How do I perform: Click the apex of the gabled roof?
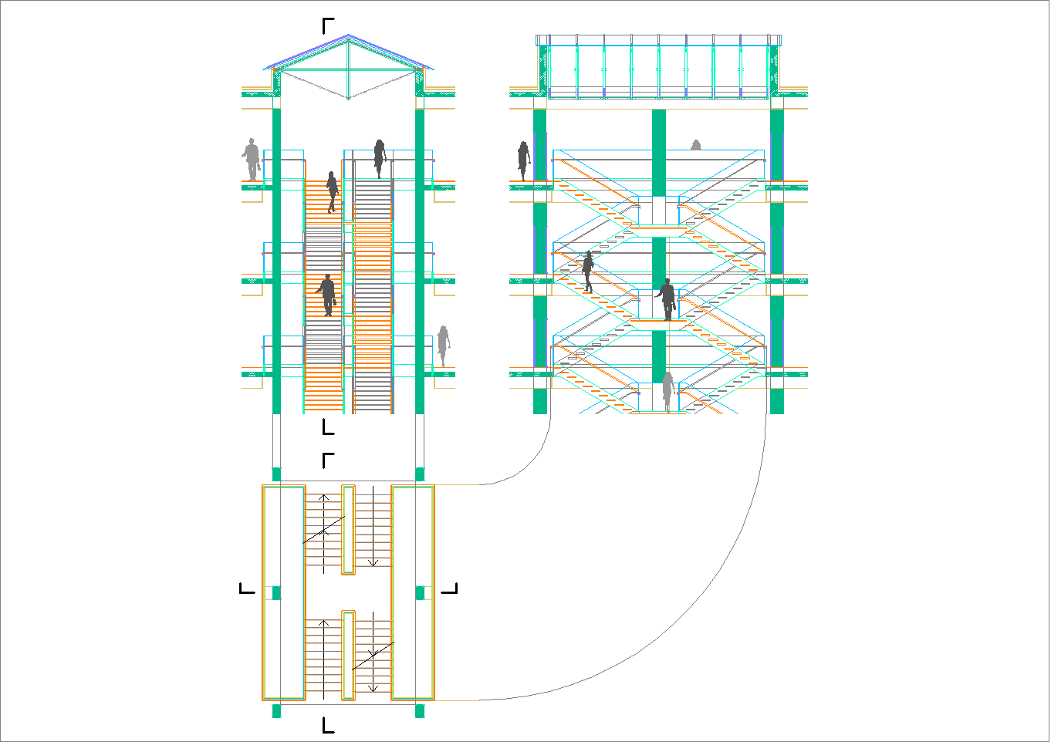349,36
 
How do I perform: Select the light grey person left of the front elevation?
251,160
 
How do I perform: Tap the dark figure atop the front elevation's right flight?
380,158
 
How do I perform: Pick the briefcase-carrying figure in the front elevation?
328,295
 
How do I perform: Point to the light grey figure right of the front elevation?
443,345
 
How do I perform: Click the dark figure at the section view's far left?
524,160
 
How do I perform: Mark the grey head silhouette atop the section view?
696,145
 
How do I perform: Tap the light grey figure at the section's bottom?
667,391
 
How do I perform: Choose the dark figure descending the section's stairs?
588,272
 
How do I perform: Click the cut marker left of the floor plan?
247,589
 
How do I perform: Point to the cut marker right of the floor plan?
450,589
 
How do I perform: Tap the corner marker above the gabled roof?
328,25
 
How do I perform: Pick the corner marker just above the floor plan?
328,460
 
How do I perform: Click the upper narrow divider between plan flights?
348,529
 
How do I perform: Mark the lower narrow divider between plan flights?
348,655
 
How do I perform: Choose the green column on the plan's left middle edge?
276,592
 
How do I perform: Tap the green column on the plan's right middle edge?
420,592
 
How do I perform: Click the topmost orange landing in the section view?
658,228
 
